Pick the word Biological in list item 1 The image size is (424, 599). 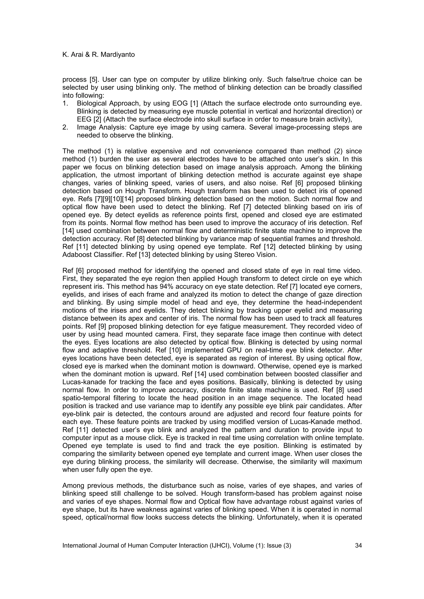point(92,104)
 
